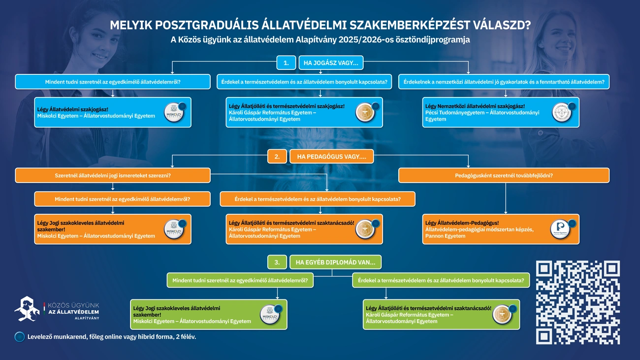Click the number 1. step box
(286, 63)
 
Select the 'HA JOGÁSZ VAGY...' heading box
(331, 63)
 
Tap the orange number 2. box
(277, 157)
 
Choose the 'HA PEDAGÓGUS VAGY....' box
(331, 157)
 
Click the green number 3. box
(277, 262)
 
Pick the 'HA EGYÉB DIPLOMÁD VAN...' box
(335, 262)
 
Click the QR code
(577, 302)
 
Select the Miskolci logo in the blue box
(174, 113)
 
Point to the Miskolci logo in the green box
(270, 315)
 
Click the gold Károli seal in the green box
(503, 315)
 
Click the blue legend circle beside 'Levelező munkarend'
(20, 337)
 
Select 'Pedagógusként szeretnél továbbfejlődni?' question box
(504, 175)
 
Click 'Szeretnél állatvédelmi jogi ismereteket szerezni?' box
(113, 175)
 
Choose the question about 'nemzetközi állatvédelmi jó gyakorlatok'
(504, 82)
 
